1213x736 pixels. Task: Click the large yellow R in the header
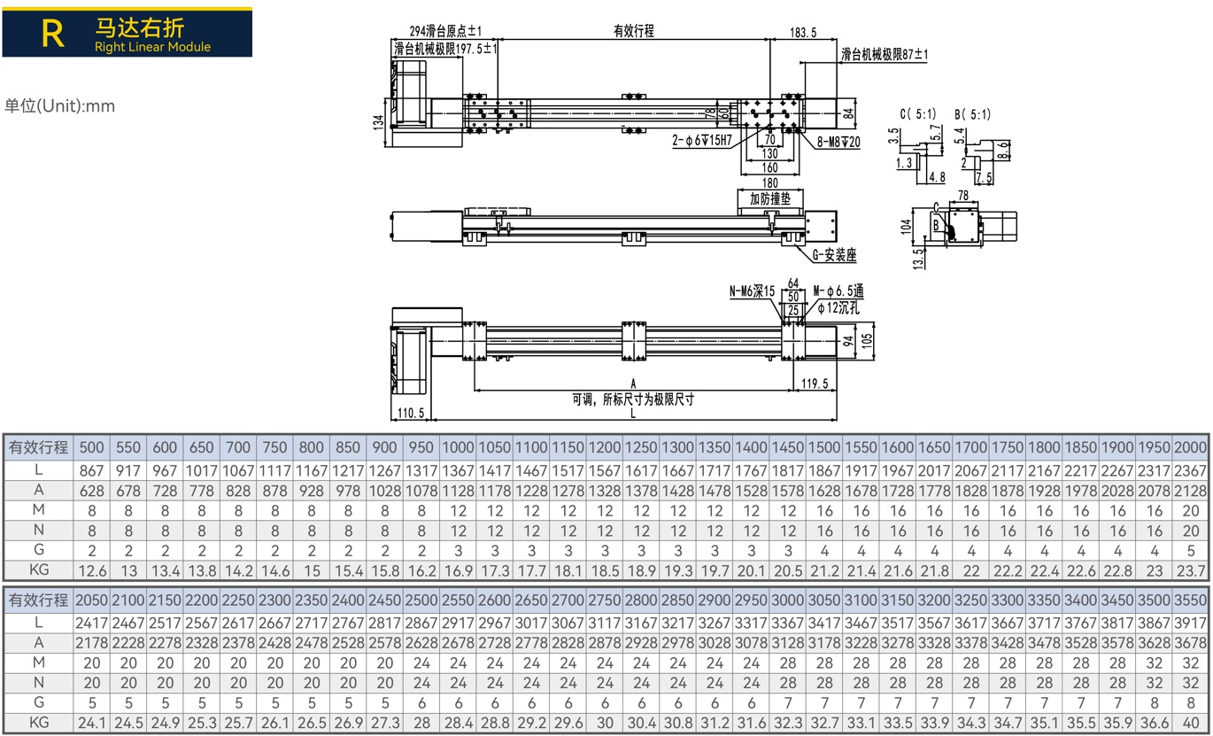coord(53,34)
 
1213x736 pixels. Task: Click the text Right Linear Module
coord(152,47)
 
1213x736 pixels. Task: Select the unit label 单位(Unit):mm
coord(59,105)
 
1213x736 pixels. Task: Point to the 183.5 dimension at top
coord(803,33)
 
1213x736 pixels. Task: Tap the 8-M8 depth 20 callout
coord(838,142)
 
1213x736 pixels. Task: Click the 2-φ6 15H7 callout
coord(702,141)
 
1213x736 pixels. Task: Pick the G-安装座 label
coord(834,254)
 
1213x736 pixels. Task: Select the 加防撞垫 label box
coord(770,198)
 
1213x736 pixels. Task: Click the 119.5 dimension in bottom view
coord(815,383)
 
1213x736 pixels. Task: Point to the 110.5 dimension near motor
coord(411,413)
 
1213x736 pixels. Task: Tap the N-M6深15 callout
coord(753,291)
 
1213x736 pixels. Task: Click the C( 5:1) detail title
coord(918,114)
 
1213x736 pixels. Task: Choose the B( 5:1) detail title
coord(972,114)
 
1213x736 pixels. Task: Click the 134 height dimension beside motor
coord(379,122)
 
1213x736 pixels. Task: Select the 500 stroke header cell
coord(91,447)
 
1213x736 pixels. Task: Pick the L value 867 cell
coord(91,470)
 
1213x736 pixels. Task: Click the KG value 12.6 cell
coord(91,570)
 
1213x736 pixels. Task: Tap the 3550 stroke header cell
coord(1190,600)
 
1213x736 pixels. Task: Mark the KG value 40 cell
coord(1190,723)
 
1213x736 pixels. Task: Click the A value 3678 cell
coord(1190,643)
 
